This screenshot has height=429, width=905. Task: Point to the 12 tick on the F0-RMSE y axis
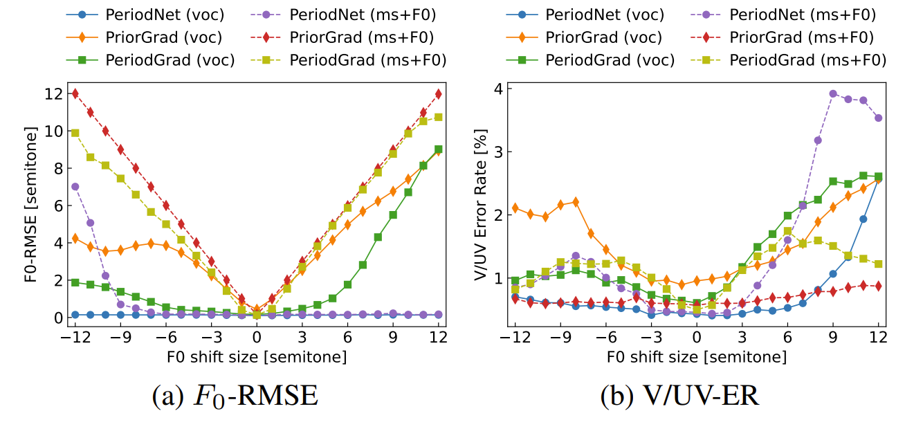(x=60, y=93)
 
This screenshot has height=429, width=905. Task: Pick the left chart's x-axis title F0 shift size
(x=257, y=357)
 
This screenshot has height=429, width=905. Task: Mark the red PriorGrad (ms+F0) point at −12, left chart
(x=75, y=93)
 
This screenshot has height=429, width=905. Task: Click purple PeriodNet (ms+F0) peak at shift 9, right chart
(x=833, y=93)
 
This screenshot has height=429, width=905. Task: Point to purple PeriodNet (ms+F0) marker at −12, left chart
(x=75, y=187)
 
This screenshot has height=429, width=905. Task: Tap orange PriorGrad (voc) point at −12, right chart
(x=515, y=208)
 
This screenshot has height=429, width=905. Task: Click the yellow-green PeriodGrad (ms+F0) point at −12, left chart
(x=75, y=133)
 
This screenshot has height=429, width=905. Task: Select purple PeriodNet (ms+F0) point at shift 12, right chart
(x=879, y=118)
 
